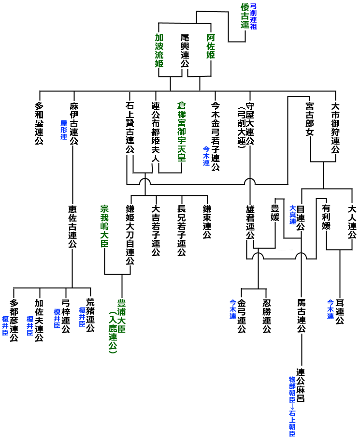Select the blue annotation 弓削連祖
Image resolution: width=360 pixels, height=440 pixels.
[x=253, y=16]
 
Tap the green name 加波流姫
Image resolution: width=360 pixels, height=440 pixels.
[x=159, y=50]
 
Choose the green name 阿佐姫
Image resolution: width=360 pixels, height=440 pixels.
[x=211, y=46]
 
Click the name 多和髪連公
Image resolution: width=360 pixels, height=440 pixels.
[x=39, y=124]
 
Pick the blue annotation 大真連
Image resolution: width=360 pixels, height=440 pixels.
[x=292, y=215]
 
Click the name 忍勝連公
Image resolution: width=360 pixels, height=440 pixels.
[x=266, y=316]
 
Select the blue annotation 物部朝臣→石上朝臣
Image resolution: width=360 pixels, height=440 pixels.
[x=292, y=406]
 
